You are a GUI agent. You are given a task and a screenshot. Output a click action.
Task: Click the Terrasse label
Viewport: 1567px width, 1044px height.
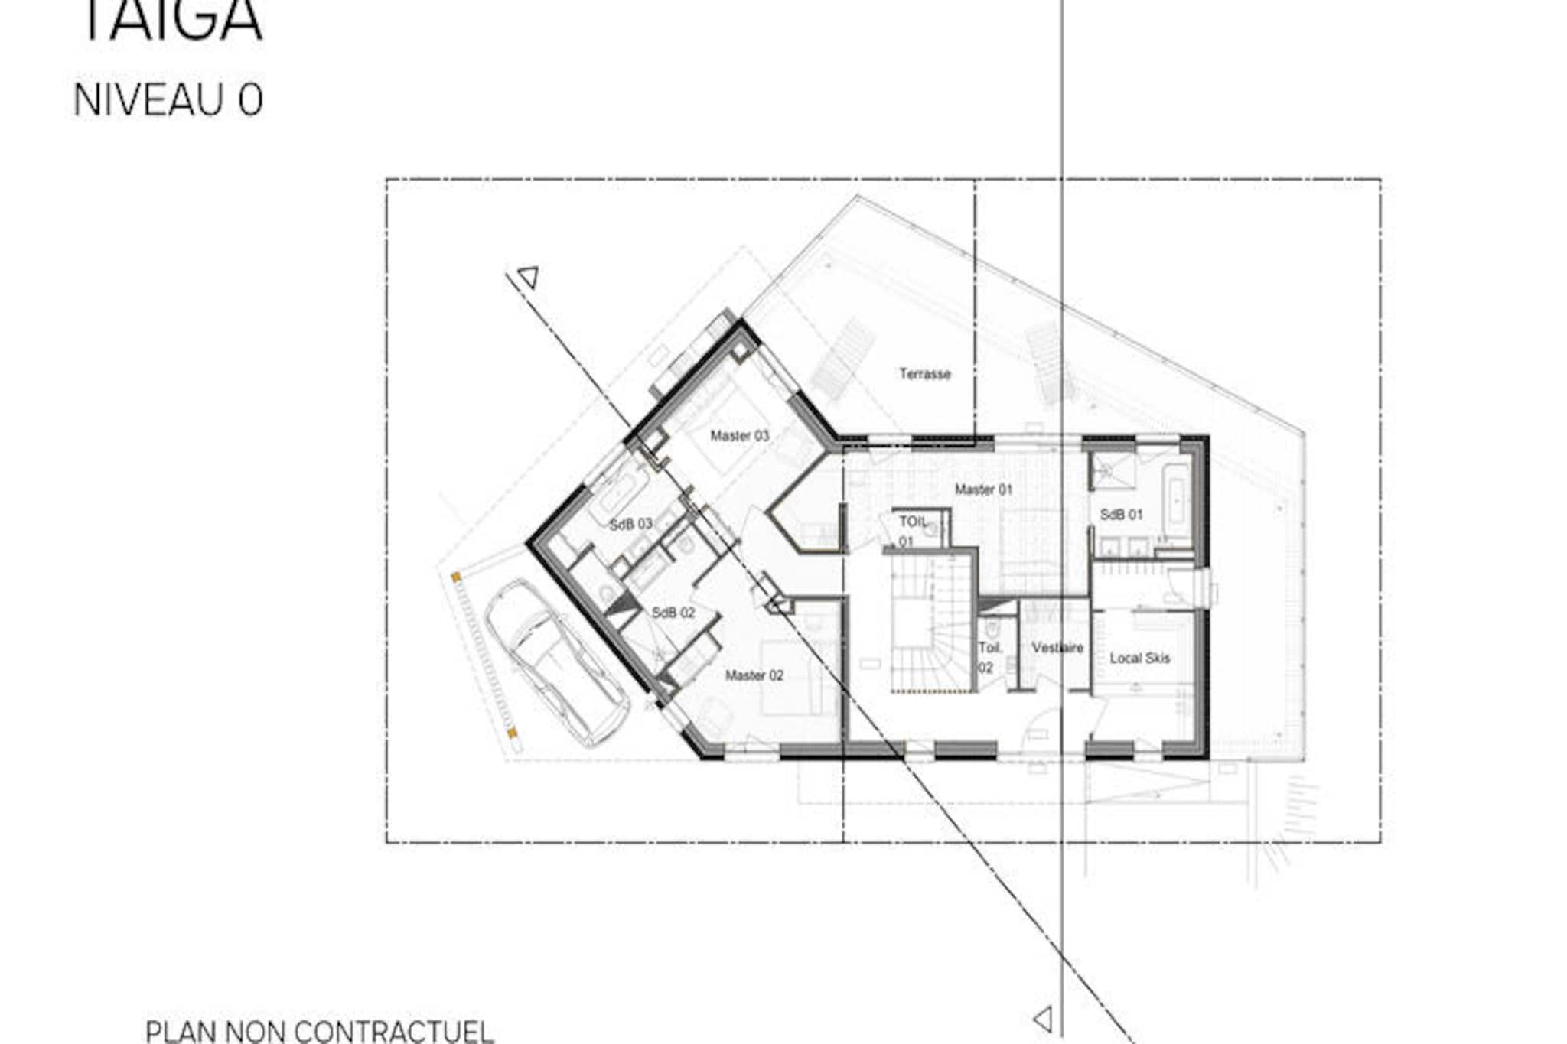(x=924, y=374)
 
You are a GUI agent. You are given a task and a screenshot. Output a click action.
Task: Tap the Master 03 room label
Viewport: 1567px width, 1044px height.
(x=739, y=436)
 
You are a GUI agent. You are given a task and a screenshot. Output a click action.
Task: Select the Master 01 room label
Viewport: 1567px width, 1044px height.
(x=983, y=489)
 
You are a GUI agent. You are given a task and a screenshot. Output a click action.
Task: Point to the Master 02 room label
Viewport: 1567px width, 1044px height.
(x=754, y=675)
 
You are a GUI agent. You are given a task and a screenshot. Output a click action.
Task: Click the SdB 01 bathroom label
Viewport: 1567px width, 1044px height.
(x=1121, y=515)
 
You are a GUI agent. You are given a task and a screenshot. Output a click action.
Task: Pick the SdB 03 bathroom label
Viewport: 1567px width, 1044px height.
(x=630, y=524)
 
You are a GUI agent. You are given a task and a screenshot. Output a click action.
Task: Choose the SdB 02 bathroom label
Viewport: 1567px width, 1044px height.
(x=673, y=613)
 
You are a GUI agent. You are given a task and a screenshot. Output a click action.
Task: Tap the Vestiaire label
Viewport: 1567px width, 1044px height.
(x=1057, y=648)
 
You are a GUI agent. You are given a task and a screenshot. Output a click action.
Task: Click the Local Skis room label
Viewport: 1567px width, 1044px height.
(x=1139, y=658)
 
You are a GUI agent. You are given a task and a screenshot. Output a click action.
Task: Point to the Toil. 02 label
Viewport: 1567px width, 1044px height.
(x=989, y=657)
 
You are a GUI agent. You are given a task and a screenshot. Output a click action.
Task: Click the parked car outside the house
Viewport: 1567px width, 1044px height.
(x=557, y=662)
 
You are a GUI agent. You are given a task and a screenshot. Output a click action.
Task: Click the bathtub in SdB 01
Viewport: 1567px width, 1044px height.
(x=1174, y=497)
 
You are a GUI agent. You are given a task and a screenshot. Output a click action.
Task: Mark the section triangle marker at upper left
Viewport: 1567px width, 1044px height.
(x=529, y=276)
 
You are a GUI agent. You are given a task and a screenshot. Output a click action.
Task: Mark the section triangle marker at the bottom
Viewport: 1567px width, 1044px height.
(x=1044, y=1019)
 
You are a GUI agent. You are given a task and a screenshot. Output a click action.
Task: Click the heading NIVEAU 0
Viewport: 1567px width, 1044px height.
(x=168, y=100)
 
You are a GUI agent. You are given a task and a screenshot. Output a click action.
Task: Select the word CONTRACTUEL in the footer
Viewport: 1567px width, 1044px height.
(x=396, y=1030)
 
